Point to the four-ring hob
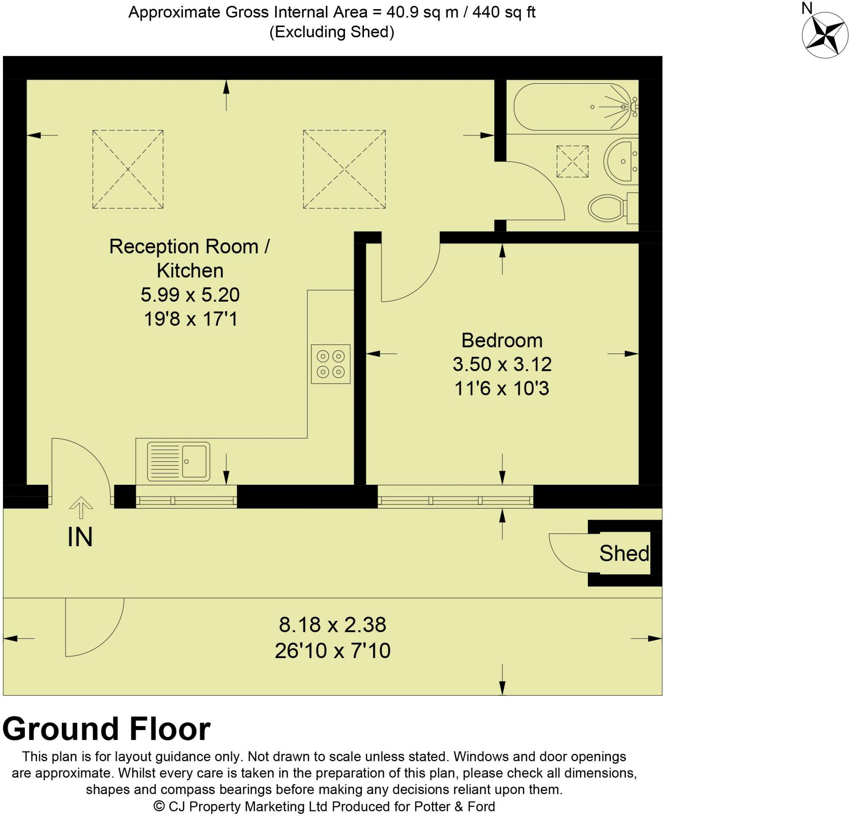click(x=330, y=364)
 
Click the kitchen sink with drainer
click(x=178, y=461)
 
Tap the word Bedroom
click(x=502, y=340)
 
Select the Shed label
click(x=624, y=553)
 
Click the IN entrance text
click(x=80, y=538)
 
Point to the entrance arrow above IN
click(x=81, y=507)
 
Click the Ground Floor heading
click(x=107, y=729)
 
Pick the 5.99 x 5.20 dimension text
click(x=190, y=295)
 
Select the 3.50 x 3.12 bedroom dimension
click(x=502, y=364)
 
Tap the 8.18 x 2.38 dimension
click(x=332, y=625)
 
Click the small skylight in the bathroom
click(x=572, y=162)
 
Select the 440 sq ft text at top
click(x=504, y=12)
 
